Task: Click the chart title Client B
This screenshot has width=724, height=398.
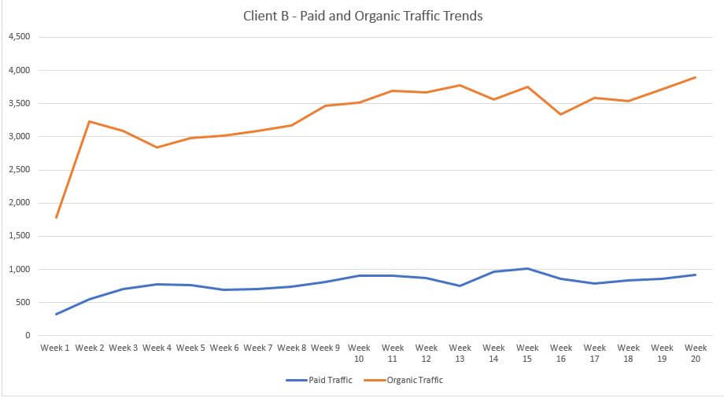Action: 364,17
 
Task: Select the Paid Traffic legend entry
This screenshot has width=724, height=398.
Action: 319,380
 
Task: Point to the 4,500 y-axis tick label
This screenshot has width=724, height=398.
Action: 19,37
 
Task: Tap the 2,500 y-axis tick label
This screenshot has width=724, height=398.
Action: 19,170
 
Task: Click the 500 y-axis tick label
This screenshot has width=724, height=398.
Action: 23,303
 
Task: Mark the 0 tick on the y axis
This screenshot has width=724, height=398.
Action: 27,336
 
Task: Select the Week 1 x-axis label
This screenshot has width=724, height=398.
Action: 56,348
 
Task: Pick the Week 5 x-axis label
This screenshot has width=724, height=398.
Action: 190,348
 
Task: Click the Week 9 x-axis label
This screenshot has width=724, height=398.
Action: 325,348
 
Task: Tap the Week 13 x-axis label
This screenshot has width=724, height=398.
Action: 460,352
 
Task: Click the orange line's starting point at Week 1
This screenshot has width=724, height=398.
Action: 57,217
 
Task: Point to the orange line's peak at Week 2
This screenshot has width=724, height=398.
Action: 90,121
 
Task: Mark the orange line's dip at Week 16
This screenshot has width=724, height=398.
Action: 561,114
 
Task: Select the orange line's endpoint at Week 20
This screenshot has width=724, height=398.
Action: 696,77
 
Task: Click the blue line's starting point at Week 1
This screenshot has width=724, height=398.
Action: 57,314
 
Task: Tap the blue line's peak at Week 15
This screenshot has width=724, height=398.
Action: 527,268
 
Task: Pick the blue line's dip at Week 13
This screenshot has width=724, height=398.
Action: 460,286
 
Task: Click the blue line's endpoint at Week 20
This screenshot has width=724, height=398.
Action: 696,275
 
